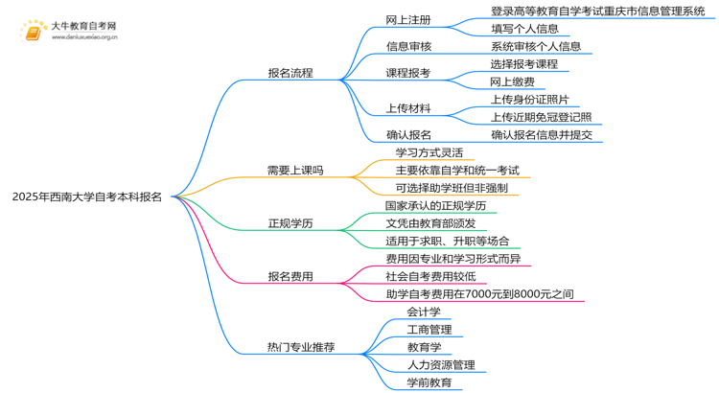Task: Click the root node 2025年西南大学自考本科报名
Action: pos(87,196)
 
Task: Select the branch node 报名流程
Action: pos(290,73)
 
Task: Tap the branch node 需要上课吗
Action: pos(294,171)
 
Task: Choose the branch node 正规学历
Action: pos(290,223)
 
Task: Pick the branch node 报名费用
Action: pos(290,277)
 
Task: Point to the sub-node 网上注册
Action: pos(408,19)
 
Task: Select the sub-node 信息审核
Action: pos(408,46)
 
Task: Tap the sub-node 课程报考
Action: pos(408,73)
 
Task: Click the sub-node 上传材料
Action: pos(408,108)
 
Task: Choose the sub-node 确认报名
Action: pos(408,135)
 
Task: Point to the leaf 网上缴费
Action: pos(512,81)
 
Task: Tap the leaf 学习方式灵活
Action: pos(429,152)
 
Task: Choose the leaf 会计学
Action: pos(423,312)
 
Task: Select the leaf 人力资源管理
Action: pos(440,365)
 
